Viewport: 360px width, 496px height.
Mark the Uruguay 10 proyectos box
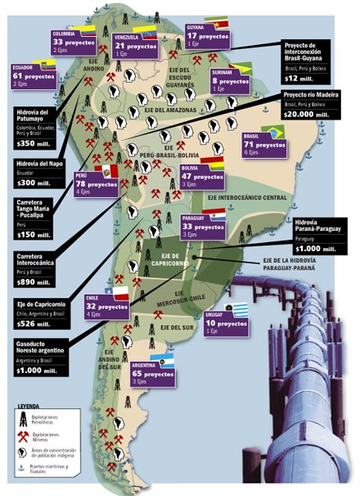coord(226,326)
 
